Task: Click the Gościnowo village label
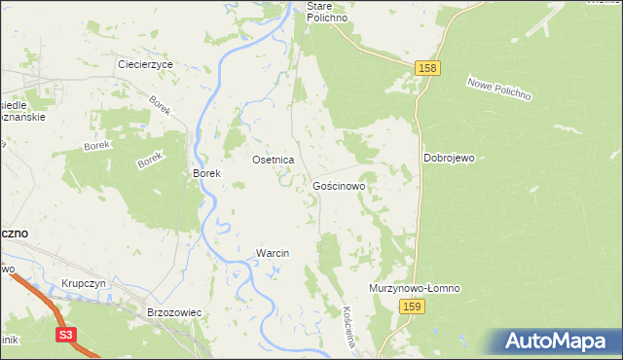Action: click(x=339, y=185)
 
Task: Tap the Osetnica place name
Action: click(x=274, y=159)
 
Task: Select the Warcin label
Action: click(x=273, y=253)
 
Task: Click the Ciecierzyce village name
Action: click(x=145, y=64)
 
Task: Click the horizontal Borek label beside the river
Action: click(x=207, y=174)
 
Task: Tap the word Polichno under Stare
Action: click(x=327, y=18)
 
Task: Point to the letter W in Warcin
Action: click(x=260, y=253)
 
